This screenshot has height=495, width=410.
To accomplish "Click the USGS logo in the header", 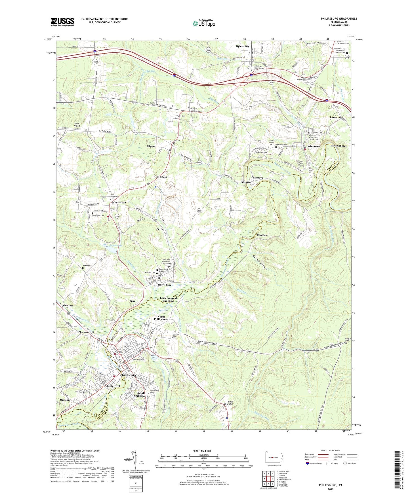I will pos(62,22).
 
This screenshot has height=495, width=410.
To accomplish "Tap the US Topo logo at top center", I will pos(203,23).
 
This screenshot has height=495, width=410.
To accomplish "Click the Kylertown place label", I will pos(242,46).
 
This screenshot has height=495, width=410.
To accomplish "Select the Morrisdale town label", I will pos(119,202).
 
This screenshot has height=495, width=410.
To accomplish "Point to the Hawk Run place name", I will pos(164,285).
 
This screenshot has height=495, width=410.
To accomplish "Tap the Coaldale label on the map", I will pos(262,235).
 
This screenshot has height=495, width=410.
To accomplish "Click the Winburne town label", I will pos(314,147).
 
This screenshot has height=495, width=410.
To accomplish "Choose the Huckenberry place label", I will pos(338,146).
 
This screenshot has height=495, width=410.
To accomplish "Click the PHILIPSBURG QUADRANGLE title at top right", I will pos(339,19).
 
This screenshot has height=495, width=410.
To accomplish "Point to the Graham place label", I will pos(68,306).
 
